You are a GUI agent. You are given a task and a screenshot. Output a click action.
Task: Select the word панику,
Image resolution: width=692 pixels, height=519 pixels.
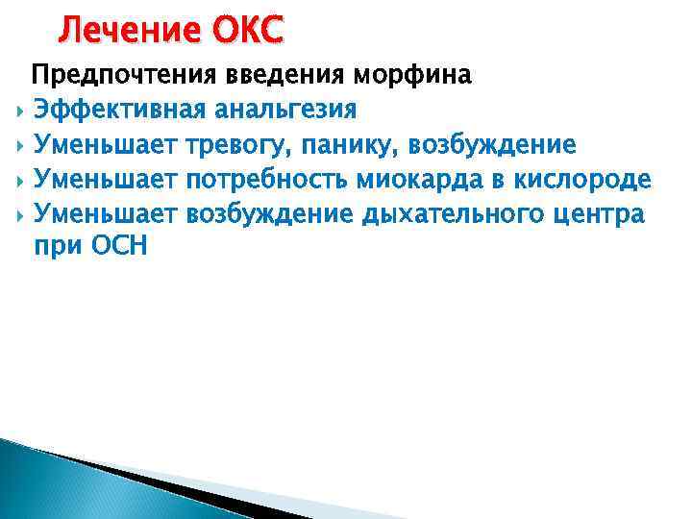355,144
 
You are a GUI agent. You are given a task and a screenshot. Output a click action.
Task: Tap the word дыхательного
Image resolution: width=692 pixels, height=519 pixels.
448,213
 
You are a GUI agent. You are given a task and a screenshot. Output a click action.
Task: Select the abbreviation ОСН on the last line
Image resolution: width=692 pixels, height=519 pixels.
120,246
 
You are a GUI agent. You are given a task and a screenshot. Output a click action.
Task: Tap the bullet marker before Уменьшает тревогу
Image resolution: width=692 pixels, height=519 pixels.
19,145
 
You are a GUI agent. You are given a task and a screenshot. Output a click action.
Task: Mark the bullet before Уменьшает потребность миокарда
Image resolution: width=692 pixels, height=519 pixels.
19,180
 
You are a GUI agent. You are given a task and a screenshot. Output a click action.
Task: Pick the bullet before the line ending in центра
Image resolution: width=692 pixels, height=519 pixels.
19,214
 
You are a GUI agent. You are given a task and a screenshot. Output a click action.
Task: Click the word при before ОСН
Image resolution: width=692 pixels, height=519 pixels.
60,247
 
